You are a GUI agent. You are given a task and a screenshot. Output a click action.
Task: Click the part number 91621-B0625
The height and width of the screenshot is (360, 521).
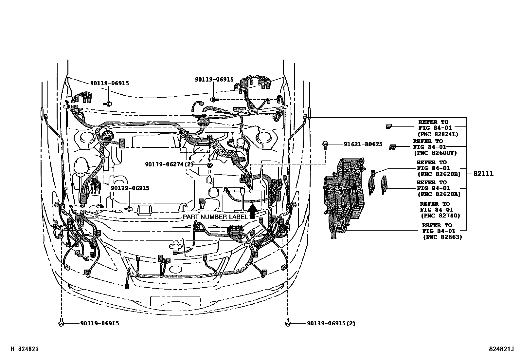tap(363, 144)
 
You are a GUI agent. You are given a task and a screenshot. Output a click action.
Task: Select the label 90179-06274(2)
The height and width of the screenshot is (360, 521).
tap(169, 164)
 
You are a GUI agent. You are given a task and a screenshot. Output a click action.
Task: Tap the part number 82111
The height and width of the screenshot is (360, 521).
tap(483, 174)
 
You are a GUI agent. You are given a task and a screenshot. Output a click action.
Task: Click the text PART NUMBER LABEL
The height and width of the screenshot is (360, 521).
tap(215, 217)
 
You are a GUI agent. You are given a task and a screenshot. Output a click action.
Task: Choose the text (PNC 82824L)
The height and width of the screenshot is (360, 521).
tap(438, 134)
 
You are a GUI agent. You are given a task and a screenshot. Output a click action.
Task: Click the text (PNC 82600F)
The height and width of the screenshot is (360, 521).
tap(435, 153)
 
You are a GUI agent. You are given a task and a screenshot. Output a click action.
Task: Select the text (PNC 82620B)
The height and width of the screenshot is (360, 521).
tap(439, 174)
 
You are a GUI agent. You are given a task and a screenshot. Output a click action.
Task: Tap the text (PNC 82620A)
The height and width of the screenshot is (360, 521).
tap(439, 194)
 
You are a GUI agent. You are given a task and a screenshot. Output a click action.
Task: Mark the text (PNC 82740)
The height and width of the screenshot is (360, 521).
tap(440, 216)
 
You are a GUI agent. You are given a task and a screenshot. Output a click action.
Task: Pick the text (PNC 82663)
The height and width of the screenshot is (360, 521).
tap(442, 237)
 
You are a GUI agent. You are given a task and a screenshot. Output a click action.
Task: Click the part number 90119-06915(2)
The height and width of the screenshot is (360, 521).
tap(331, 323)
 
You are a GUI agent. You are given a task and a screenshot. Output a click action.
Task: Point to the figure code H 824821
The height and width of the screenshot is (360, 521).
tap(25, 349)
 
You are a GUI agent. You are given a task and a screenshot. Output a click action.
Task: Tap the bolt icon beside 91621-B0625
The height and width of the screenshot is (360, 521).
tap(325, 145)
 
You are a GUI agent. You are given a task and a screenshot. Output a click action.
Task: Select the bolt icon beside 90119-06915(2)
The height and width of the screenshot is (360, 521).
tap(287, 323)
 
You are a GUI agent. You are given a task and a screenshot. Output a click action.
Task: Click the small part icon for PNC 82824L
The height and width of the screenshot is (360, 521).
tap(389, 126)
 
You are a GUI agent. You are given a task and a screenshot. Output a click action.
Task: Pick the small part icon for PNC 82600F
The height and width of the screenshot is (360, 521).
tap(392, 147)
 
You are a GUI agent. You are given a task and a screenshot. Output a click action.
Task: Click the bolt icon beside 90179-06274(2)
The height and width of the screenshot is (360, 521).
tap(209, 165)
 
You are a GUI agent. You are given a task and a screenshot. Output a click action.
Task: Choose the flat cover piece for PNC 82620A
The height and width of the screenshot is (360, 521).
tap(384, 185)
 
